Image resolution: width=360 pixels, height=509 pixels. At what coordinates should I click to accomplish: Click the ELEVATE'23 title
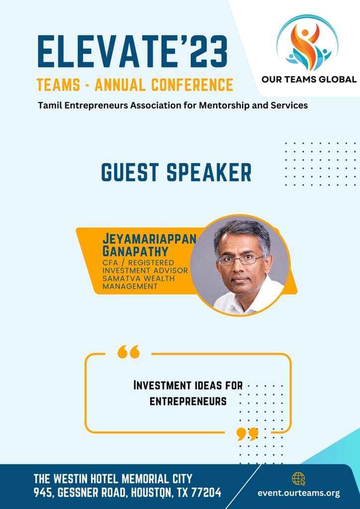pyautogui.click(x=133, y=51)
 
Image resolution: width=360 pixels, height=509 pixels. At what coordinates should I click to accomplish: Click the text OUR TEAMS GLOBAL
pyautogui.click(x=309, y=80)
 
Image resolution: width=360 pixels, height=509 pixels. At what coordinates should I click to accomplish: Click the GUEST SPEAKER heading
pyautogui.click(x=177, y=172)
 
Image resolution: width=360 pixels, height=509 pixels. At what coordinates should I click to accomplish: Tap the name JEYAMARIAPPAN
pyautogui.click(x=149, y=239)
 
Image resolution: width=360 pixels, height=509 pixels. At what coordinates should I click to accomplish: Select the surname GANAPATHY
pyautogui.click(x=136, y=251)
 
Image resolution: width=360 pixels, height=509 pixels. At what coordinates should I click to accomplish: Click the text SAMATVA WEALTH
pyautogui.click(x=139, y=278)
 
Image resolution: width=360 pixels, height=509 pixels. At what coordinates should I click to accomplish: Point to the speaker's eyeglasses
pyautogui.click(x=240, y=260)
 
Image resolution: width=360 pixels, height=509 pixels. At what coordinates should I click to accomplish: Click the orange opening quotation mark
pyautogui.click(x=129, y=351)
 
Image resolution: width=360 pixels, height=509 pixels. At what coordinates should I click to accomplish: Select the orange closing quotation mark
pyautogui.click(x=247, y=433)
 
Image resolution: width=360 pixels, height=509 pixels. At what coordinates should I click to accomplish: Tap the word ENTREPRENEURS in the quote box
pyautogui.click(x=188, y=402)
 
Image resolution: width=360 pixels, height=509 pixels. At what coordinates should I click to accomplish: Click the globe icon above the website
pyautogui.click(x=298, y=479)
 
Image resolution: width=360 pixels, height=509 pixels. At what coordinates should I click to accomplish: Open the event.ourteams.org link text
pyautogui.click(x=299, y=494)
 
